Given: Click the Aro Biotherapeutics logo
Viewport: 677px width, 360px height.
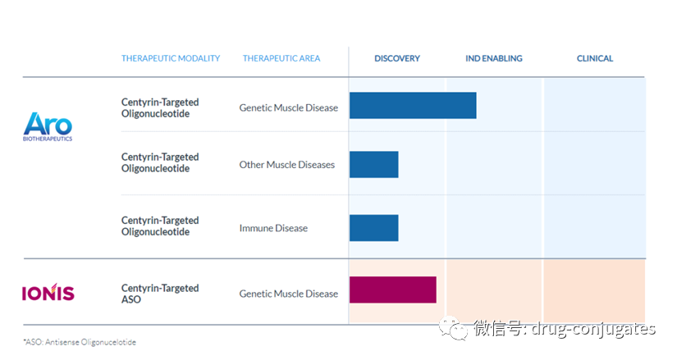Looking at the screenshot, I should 48,126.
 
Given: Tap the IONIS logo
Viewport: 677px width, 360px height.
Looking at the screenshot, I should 48,293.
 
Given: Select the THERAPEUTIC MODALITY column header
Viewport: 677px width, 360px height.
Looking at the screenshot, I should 171,58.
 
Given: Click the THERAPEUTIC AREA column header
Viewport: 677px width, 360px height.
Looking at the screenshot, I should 281,58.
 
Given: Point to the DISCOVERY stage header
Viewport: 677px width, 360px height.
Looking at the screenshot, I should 397,58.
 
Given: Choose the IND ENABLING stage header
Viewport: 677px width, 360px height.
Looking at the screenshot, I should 493,58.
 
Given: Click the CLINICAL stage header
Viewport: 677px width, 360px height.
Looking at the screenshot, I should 595,58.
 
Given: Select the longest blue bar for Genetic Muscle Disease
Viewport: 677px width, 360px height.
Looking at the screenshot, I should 413,106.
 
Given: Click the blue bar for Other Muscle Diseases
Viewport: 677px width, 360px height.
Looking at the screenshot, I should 373,164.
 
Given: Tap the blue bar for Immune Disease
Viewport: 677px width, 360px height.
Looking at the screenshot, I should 373,228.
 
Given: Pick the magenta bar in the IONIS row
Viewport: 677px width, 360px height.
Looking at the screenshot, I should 392,290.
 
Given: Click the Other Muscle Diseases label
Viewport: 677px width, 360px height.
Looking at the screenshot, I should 287,165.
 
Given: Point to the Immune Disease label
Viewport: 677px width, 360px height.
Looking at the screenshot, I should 273,228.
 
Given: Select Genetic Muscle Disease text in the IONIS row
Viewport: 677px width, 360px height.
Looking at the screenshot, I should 288,294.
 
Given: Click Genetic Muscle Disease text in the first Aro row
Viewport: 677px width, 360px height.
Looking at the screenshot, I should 288,107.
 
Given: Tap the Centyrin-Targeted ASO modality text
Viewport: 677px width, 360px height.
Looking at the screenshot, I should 160,294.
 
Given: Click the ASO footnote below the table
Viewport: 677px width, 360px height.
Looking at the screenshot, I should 79,341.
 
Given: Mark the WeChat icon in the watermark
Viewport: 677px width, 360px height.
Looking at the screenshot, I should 455,329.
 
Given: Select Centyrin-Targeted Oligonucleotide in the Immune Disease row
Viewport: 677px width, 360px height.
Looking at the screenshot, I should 160,226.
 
